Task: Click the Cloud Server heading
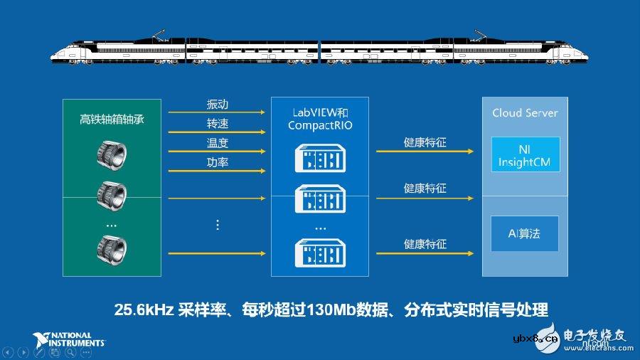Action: click(x=525, y=112)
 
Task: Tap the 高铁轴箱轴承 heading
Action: click(x=112, y=119)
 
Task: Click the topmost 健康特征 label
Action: click(x=425, y=142)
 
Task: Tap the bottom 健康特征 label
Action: click(x=425, y=244)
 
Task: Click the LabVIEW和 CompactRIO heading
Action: click(x=320, y=119)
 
